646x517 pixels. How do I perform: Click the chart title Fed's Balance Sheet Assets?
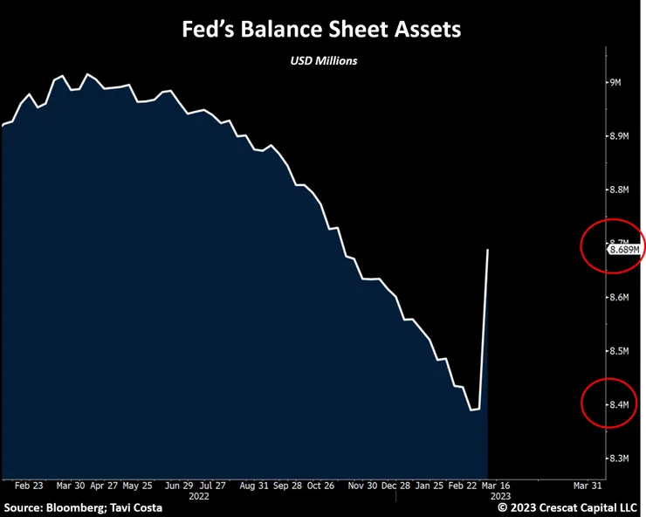(321, 30)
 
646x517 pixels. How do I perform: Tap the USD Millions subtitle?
(324, 61)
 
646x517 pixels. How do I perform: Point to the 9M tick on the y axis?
(615, 82)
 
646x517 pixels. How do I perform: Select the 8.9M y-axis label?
(619, 136)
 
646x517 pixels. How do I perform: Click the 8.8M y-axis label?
(619, 190)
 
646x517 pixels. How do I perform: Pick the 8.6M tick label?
(619, 297)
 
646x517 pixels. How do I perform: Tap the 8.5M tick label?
(619, 351)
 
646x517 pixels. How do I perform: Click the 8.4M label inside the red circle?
(619, 404)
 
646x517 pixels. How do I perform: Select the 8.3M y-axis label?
(619, 458)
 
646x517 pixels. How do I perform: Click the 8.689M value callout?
(624, 250)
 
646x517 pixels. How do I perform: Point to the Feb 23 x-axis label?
(29, 486)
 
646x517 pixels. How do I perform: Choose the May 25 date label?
(138, 486)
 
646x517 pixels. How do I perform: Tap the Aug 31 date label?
(254, 486)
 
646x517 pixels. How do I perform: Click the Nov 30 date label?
(362, 486)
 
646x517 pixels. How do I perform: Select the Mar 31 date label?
(588, 486)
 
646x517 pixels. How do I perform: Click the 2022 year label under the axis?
(199, 496)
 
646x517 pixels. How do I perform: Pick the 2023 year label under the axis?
(500, 496)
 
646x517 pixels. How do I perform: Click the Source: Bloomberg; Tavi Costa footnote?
(83, 507)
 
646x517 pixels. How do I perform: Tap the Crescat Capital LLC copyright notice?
(567, 507)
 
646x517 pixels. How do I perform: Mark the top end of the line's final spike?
(488, 249)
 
